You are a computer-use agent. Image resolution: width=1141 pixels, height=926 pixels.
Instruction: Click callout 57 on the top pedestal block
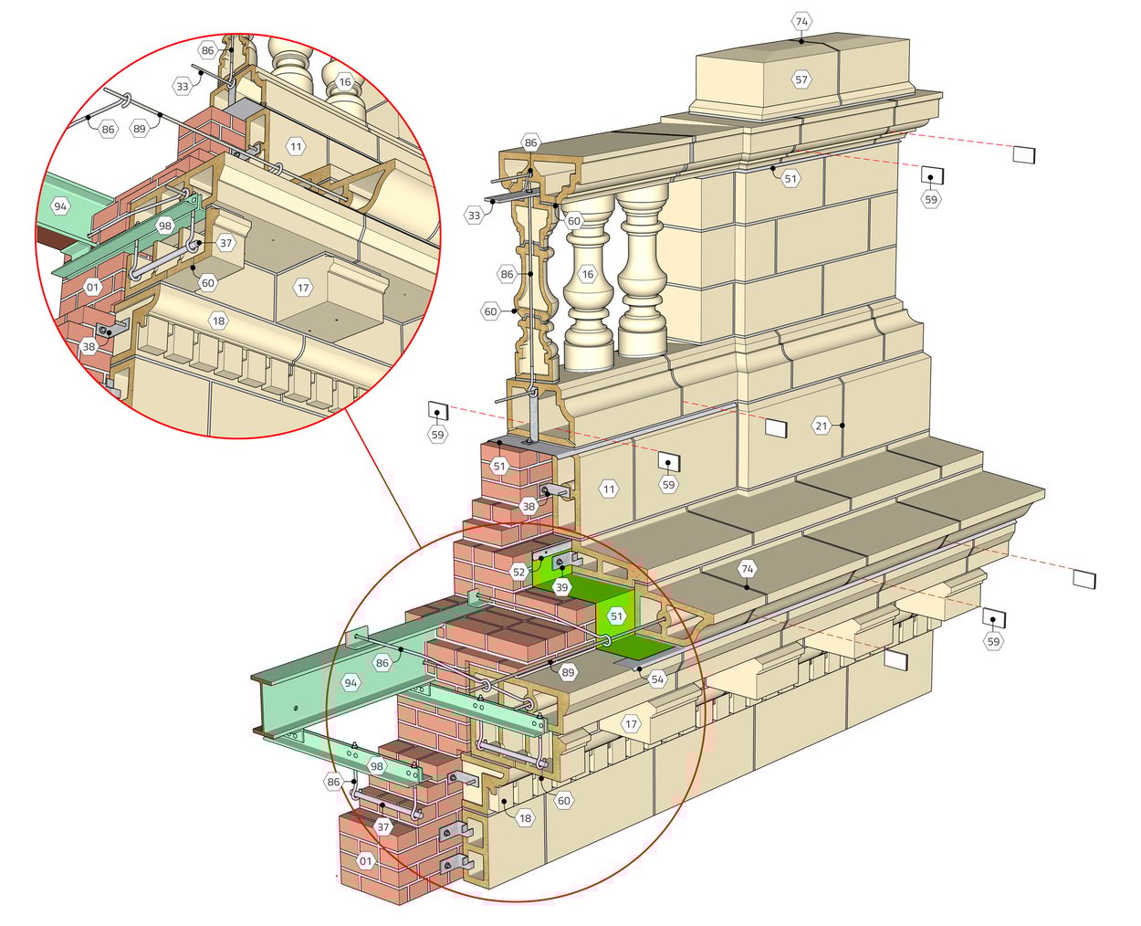click(x=801, y=79)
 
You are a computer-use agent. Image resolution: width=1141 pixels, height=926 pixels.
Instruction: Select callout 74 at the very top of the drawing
click(x=801, y=21)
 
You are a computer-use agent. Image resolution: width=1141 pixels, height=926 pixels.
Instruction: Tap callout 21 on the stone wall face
click(x=822, y=426)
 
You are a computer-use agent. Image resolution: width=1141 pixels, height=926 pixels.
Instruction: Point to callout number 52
click(x=518, y=572)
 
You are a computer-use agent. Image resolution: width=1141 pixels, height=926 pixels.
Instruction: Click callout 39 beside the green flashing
click(x=561, y=587)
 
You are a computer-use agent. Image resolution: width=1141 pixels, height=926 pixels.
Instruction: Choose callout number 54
click(x=657, y=679)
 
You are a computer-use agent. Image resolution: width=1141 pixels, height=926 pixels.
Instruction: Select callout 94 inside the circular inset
click(x=60, y=206)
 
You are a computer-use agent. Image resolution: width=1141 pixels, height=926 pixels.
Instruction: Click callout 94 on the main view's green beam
click(x=351, y=682)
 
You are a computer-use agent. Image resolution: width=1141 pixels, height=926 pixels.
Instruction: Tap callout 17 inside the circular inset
click(x=303, y=288)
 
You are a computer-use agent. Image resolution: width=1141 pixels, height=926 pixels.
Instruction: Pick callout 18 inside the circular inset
click(x=218, y=321)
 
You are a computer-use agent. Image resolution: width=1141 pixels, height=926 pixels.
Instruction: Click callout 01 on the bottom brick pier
click(x=365, y=860)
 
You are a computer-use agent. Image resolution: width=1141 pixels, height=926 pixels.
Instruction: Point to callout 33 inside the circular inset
click(x=183, y=86)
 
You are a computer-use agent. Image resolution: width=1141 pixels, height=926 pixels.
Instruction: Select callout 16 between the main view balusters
click(x=587, y=274)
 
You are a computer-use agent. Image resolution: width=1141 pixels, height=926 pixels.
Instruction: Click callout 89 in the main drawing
click(x=568, y=672)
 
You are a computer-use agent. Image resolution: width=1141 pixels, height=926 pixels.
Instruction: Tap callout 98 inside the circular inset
click(x=165, y=226)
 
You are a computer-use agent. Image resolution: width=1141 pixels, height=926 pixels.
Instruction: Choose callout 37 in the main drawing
click(x=383, y=827)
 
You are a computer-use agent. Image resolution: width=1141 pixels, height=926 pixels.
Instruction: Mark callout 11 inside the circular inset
click(x=295, y=146)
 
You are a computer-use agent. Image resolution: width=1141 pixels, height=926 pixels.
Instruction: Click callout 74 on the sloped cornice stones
click(x=748, y=569)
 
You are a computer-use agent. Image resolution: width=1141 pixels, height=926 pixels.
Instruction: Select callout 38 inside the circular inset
click(x=89, y=346)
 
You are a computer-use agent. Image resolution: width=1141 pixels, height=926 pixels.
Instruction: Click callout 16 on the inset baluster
click(x=344, y=82)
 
